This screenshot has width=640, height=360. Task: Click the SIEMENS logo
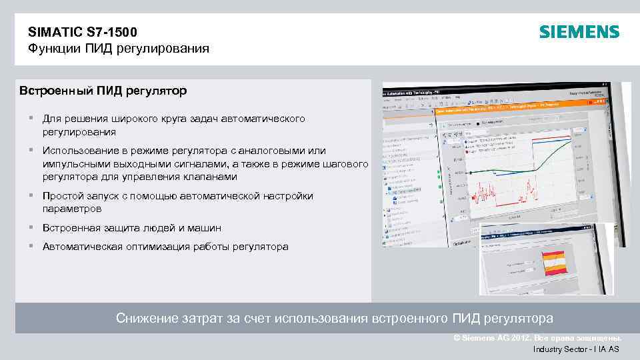[x=579, y=32]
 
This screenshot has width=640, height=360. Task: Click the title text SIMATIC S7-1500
[x=83, y=31]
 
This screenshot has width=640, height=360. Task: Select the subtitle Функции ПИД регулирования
[x=119, y=49]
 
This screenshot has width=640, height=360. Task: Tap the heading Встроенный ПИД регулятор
[x=103, y=89]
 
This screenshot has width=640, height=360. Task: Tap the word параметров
[x=72, y=209]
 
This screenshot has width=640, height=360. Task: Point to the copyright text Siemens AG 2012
[x=493, y=338]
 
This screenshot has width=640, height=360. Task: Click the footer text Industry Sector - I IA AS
[x=576, y=349]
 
